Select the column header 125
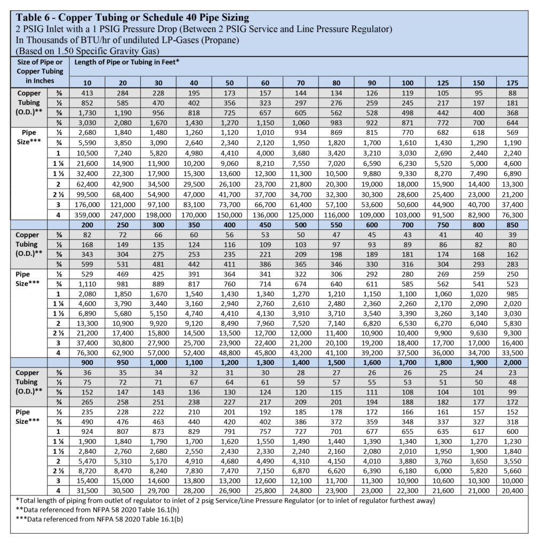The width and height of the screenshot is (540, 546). (443, 83)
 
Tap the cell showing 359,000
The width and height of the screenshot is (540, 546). (87, 214)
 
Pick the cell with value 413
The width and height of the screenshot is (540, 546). (87, 93)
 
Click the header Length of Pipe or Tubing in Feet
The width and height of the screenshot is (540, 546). (126, 62)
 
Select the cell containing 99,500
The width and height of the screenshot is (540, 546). (87, 194)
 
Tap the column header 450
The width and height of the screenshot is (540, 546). (265, 224)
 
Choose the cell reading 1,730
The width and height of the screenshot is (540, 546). (87, 113)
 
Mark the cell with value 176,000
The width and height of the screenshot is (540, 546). (87, 204)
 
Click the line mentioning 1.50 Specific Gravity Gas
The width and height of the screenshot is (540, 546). (85, 51)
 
